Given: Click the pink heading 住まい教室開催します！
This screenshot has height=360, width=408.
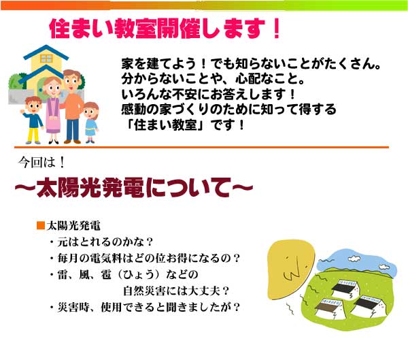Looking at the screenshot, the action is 165,29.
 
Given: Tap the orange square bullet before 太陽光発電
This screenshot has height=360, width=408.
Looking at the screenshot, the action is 41,225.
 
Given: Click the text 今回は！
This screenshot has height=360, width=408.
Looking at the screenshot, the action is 41,163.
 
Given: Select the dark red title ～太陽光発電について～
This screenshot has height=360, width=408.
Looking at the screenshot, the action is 134,187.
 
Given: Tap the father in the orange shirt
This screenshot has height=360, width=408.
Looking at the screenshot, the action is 72,106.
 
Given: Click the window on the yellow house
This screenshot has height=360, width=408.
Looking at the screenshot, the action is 46,59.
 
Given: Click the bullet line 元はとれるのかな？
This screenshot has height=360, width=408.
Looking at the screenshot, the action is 101,242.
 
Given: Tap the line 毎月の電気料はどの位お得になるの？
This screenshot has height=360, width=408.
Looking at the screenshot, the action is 145,259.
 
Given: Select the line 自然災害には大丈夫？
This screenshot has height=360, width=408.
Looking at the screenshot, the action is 176,291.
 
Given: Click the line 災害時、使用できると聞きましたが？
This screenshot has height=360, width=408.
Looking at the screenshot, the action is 145,308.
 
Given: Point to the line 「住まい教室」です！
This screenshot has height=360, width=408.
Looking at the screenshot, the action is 185,125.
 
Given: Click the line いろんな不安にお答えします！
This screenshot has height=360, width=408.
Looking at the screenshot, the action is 209,95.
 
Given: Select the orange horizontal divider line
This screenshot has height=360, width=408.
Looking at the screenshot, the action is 201,148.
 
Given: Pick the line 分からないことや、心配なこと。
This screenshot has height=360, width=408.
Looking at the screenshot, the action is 213,79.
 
